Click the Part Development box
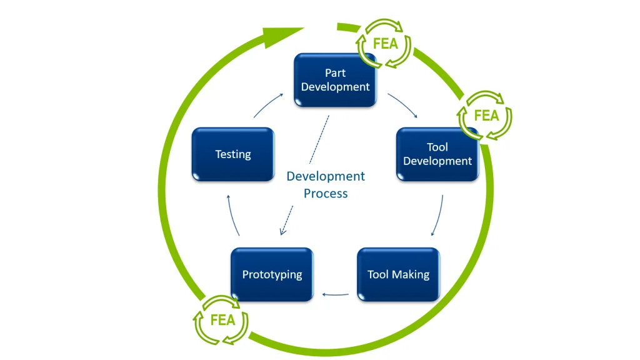[x=336, y=80]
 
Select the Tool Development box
[x=437, y=154]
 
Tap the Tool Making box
[x=398, y=274]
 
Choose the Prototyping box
[x=272, y=274]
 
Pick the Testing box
[x=233, y=154]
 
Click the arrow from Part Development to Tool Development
[x=402, y=105]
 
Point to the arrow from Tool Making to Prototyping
[x=335, y=293]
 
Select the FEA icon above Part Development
[x=385, y=44]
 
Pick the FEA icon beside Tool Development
[x=486, y=116]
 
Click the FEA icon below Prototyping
[x=222, y=320]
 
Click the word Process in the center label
[x=326, y=193]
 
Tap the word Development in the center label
[x=326, y=176]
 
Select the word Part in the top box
[x=336, y=73]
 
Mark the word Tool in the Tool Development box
[x=437, y=147]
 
